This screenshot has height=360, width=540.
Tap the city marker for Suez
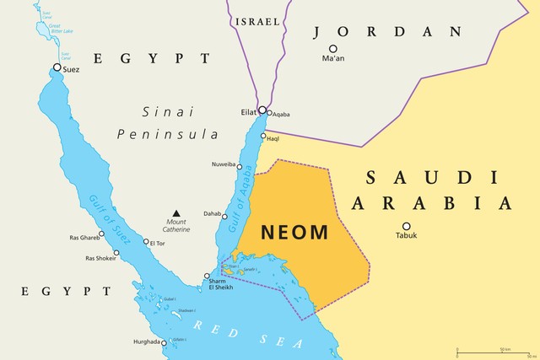[57, 67]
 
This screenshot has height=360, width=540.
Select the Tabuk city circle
[406, 226]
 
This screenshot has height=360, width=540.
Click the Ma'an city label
[334, 59]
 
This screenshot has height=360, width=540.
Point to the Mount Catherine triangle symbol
[176, 213]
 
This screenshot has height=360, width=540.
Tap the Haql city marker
[264, 137]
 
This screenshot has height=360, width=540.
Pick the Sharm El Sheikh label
[221, 284]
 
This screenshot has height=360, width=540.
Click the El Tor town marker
[145, 242]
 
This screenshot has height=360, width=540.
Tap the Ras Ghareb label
[84, 239]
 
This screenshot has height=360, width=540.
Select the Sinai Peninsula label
[168, 122]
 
